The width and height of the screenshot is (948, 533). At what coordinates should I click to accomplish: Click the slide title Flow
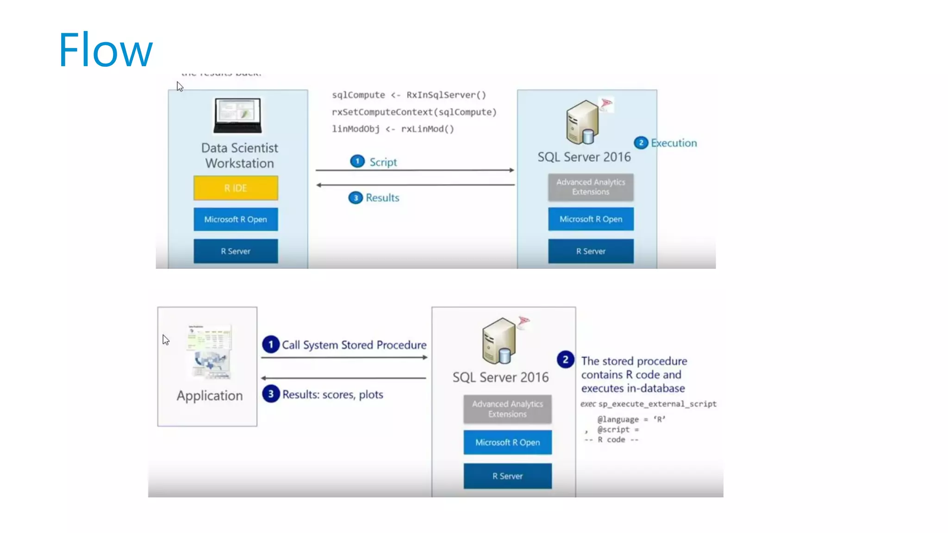click(106, 50)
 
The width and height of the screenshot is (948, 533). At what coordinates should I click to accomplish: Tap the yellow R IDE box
click(236, 188)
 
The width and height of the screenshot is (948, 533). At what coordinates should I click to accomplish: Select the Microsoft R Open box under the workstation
click(236, 219)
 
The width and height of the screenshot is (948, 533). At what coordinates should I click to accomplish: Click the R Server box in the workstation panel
click(236, 251)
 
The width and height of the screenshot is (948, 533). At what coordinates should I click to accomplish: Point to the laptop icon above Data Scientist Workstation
click(238, 115)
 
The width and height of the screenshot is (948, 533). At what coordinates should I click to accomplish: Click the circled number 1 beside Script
click(357, 161)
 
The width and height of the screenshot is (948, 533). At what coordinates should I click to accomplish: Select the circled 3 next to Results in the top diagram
click(355, 198)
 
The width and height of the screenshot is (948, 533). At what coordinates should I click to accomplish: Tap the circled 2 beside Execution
click(641, 143)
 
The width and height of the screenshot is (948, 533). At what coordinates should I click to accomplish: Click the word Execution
click(674, 143)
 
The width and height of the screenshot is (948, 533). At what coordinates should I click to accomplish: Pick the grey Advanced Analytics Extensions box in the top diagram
click(591, 187)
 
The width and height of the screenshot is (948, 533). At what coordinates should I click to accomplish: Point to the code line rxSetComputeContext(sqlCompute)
click(414, 112)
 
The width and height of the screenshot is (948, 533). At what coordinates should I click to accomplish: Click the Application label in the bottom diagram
click(210, 396)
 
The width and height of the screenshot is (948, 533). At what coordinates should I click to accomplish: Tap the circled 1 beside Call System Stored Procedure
click(271, 345)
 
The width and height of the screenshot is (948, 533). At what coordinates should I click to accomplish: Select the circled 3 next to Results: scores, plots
click(271, 394)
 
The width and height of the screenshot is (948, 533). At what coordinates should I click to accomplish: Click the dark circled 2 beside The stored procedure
click(565, 359)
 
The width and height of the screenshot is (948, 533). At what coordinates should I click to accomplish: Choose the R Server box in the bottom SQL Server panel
click(507, 476)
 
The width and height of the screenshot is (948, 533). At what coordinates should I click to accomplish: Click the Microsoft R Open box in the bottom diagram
click(507, 442)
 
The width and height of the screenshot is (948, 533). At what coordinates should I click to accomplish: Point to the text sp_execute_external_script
click(657, 404)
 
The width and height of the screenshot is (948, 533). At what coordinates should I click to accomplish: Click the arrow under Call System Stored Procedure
click(344, 358)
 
